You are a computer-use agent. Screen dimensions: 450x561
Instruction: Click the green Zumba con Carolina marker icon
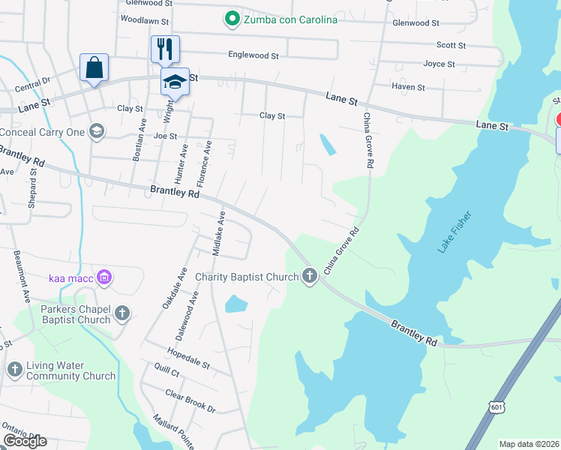[x=232, y=19]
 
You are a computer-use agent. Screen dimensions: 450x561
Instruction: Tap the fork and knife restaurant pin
[x=165, y=49]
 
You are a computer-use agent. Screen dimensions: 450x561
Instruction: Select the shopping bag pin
[x=94, y=67]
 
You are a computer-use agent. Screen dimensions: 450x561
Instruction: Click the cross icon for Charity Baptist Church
[x=309, y=277]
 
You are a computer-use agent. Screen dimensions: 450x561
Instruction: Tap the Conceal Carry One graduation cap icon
[x=95, y=132]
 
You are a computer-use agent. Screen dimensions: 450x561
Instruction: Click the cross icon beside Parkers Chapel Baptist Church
[x=121, y=314]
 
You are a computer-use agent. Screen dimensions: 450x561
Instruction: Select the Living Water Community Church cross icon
[x=15, y=368]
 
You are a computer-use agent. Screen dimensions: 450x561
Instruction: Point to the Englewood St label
[x=253, y=55]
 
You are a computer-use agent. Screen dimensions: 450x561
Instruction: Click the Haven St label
[x=408, y=88]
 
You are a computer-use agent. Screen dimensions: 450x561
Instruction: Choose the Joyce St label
[x=439, y=64]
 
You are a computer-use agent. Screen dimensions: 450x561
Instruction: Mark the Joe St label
[x=165, y=136]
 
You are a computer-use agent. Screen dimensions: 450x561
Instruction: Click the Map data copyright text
[x=528, y=444]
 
